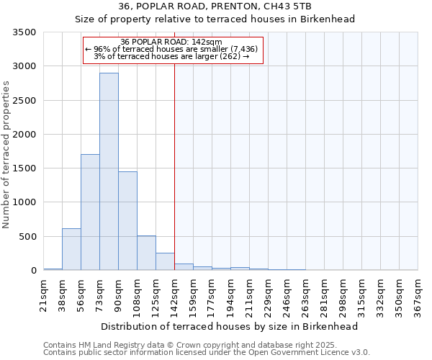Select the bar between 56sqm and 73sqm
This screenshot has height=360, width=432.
[90, 212]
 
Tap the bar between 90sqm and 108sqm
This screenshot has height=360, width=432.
[127, 221]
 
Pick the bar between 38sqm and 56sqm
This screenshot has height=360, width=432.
[71, 249]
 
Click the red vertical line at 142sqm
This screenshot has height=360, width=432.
[174, 166]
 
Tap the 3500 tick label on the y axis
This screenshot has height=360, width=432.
[24, 32]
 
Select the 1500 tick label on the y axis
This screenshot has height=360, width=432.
[24, 168]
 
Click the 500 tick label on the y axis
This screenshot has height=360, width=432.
[27, 237]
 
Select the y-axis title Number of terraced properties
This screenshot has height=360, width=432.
[7, 155]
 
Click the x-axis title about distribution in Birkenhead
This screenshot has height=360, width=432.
[230, 326]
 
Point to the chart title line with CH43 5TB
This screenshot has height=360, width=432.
[215, 6]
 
